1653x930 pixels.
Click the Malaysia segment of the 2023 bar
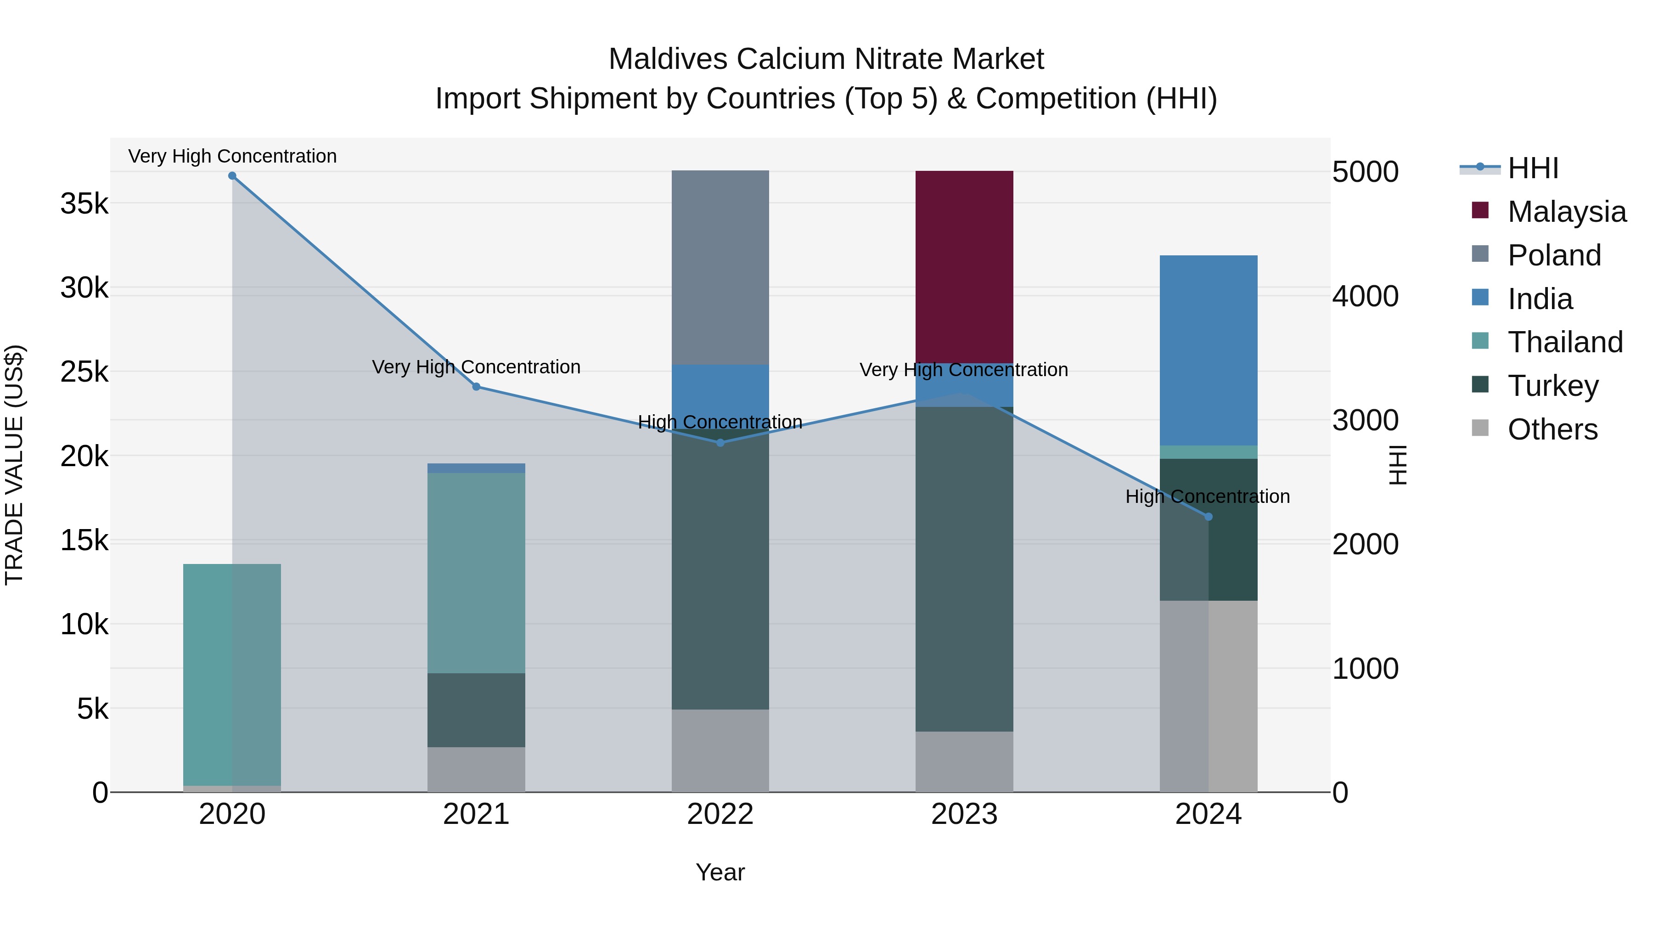pos(964,266)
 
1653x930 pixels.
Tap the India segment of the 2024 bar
pos(1209,350)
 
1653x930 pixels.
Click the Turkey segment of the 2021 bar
pos(476,710)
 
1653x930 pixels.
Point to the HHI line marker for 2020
pos(232,176)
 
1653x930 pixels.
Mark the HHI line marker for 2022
pos(720,443)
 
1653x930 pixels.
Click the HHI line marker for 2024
pos(1209,517)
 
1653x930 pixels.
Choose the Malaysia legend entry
pos(1566,212)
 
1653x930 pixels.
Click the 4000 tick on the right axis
pos(1366,297)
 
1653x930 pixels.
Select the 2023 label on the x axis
pos(964,814)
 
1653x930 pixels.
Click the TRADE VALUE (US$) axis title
pos(15,465)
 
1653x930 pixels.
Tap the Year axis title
pos(720,872)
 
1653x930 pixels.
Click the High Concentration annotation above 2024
pos(1207,497)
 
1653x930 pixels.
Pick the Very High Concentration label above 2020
pos(232,157)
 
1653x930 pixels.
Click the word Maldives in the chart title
pos(668,59)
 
